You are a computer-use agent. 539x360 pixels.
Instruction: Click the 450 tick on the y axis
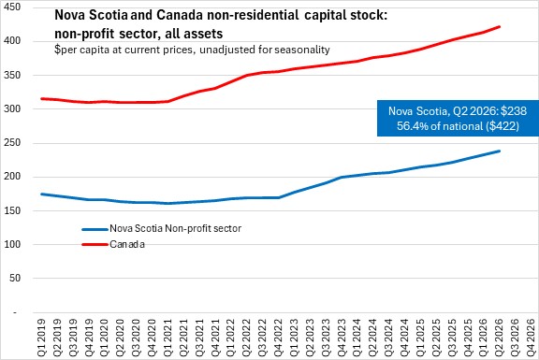pyautogui.click(x=12, y=7)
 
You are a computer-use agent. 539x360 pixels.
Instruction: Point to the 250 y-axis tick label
pyautogui.click(x=12, y=142)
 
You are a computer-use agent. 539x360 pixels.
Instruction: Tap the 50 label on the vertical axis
pyautogui.click(x=15, y=278)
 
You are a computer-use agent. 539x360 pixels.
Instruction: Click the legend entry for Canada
pyautogui.click(x=113, y=244)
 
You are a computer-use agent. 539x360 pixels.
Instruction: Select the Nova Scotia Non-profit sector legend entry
pyautogui.click(x=162, y=228)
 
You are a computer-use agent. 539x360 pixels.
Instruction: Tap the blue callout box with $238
pyautogui.click(x=458, y=118)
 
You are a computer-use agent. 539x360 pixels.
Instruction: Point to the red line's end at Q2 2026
pyautogui.click(x=499, y=26)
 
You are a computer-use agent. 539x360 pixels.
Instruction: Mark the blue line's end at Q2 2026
pyautogui.click(x=499, y=151)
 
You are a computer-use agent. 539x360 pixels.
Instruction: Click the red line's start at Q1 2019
pyautogui.click(x=41, y=98)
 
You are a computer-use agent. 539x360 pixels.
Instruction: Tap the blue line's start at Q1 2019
pyautogui.click(x=41, y=194)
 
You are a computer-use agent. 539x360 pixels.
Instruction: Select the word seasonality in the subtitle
pyautogui.click(x=302, y=50)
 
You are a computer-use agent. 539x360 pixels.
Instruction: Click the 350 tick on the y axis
pyautogui.click(x=12, y=75)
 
